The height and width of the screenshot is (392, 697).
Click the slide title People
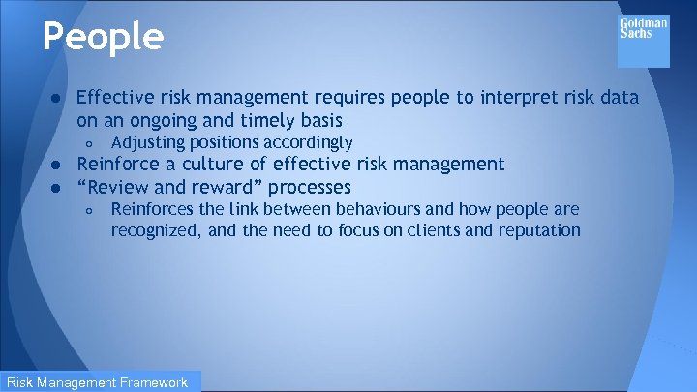click(x=103, y=38)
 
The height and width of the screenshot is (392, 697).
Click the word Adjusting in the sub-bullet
click(x=149, y=143)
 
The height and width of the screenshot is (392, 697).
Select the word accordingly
click(x=298, y=143)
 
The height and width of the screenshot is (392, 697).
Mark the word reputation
click(x=538, y=230)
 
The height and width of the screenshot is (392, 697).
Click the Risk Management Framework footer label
click(x=100, y=382)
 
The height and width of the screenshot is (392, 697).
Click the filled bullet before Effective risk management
click(x=58, y=98)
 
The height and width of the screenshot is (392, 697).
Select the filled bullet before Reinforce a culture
click(x=58, y=165)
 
